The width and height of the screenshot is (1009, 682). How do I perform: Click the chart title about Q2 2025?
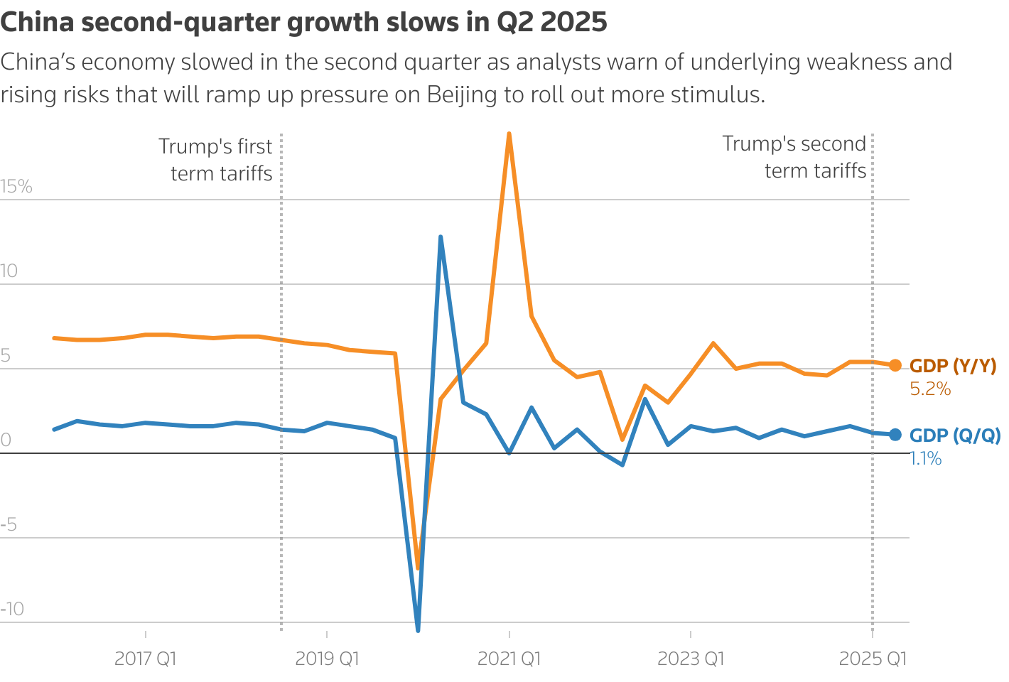point(303,22)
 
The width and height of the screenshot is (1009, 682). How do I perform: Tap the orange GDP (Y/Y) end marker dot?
point(895,365)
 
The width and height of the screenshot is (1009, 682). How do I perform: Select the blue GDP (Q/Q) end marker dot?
point(895,435)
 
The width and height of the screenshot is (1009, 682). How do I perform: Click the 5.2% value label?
point(930,389)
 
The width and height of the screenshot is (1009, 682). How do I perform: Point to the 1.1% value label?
point(926,459)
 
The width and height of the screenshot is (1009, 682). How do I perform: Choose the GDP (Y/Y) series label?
point(953,366)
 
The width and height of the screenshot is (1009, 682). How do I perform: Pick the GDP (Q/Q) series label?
point(955,435)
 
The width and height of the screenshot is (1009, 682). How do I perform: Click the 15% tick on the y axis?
point(16,187)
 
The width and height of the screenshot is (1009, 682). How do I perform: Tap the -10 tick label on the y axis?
point(12,609)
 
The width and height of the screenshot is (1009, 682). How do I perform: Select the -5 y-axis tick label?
point(9,525)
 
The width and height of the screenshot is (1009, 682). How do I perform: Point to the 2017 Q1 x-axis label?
point(145,659)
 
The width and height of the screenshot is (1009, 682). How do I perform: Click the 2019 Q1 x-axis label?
point(327,659)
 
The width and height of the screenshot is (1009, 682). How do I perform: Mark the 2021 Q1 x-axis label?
point(509,659)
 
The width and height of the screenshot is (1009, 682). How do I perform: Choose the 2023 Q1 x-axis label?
point(691,659)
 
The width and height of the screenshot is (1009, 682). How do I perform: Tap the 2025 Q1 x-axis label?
point(873,659)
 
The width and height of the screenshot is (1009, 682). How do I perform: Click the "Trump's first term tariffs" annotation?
point(216,160)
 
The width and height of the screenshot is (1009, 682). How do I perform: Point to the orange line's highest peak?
point(509,134)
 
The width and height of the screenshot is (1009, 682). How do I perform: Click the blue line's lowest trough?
point(418,629)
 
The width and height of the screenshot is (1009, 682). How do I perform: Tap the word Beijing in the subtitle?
point(462,94)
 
